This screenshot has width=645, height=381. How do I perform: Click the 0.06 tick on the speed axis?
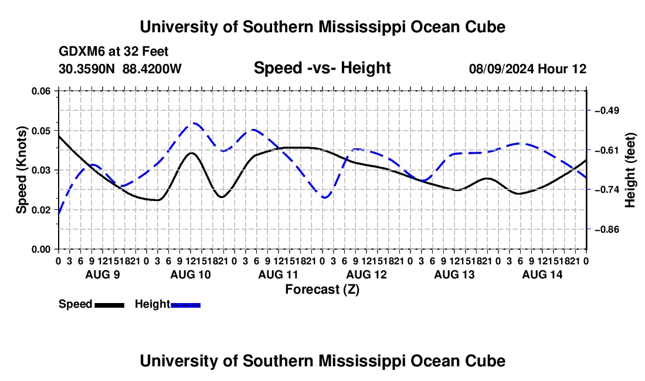pyautogui.click(x=57, y=91)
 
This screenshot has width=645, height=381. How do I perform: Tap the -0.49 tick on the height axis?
pyautogui.click(x=589, y=110)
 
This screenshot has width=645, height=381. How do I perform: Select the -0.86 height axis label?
pyautogui.click(x=606, y=229)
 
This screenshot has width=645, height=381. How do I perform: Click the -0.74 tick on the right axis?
pyautogui.click(x=589, y=189)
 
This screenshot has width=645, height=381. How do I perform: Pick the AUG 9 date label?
pyautogui.click(x=103, y=274)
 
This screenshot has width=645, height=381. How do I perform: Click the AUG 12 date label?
pyautogui.click(x=366, y=274)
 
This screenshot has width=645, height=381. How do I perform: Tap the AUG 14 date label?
pyautogui.click(x=542, y=274)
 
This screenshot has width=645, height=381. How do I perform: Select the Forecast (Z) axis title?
pyautogui.click(x=322, y=290)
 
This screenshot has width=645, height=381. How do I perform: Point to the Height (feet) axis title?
pyautogui.click(x=630, y=170)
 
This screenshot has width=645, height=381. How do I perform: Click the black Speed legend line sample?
pyautogui.click(x=110, y=305)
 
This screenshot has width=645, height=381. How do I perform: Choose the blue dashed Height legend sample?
pyautogui.click(x=185, y=305)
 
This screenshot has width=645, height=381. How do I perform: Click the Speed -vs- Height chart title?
pyautogui.click(x=322, y=68)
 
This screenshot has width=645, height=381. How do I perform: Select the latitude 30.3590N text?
pyautogui.click(x=87, y=69)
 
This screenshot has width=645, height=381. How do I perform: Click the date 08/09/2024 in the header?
pyautogui.click(x=501, y=69)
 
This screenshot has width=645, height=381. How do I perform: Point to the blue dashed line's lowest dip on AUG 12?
pyautogui.click(x=325, y=198)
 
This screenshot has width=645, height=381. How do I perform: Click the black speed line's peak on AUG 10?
pyautogui.click(x=191, y=153)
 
